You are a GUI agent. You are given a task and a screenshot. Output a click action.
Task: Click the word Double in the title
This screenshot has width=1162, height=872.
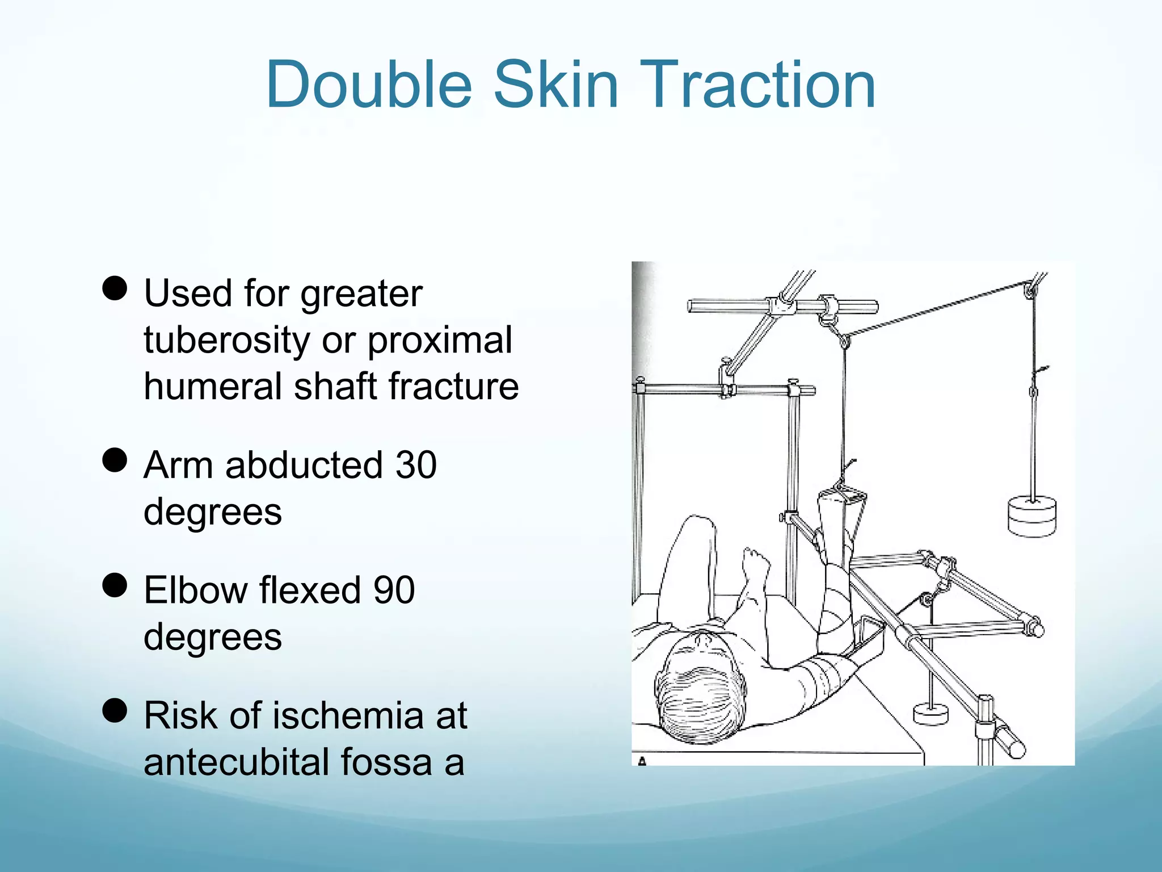[x=369, y=85]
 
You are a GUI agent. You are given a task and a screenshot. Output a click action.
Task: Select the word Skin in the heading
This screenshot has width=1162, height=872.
[x=556, y=85]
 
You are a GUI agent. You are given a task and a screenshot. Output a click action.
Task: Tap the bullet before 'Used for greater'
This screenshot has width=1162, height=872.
[x=115, y=288]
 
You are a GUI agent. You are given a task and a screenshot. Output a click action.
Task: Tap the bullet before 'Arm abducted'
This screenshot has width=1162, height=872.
[x=115, y=460]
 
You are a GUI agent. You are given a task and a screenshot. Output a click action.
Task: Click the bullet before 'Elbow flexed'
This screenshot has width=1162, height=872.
[x=115, y=585]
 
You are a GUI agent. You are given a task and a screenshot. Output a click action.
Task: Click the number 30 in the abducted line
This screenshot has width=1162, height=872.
[x=416, y=466]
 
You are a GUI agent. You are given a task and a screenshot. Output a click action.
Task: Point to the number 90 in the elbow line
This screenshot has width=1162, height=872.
[x=394, y=590]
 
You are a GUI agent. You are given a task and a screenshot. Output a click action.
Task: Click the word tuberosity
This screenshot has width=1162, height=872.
[x=226, y=341]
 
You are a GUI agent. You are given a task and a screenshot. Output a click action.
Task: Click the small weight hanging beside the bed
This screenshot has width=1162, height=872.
[x=931, y=714]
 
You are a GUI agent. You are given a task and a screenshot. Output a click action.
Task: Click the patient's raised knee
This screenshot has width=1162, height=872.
[x=697, y=525]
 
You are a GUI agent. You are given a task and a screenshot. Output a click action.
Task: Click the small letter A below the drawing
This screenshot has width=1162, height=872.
[x=642, y=761]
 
